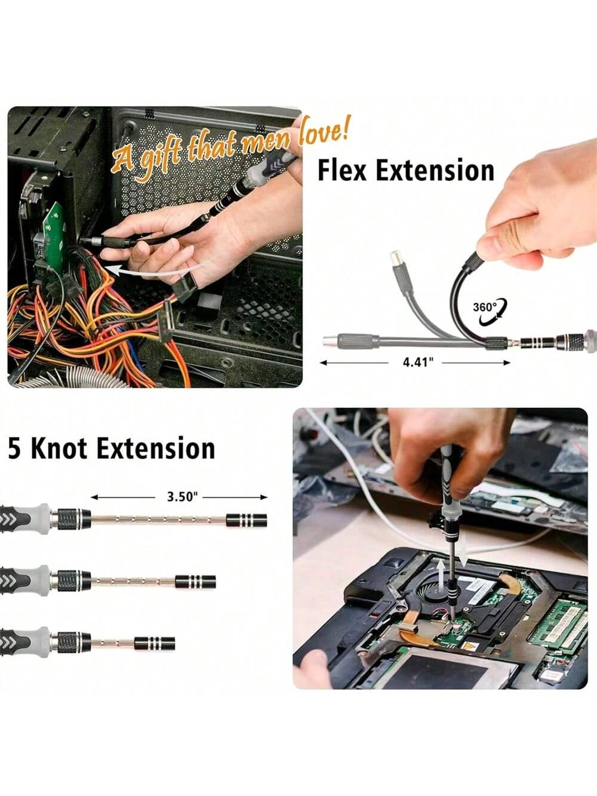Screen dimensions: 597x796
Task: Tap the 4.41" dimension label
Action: [x=418, y=362]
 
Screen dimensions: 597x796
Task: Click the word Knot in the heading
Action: [x=59, y=449]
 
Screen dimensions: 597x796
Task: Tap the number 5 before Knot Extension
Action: [x=14, y=449]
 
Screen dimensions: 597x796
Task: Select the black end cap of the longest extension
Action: [x=247, y=520]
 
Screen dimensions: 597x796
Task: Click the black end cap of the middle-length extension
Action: [x=195, y=582]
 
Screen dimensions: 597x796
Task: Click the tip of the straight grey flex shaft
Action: [x=324, y=342]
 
